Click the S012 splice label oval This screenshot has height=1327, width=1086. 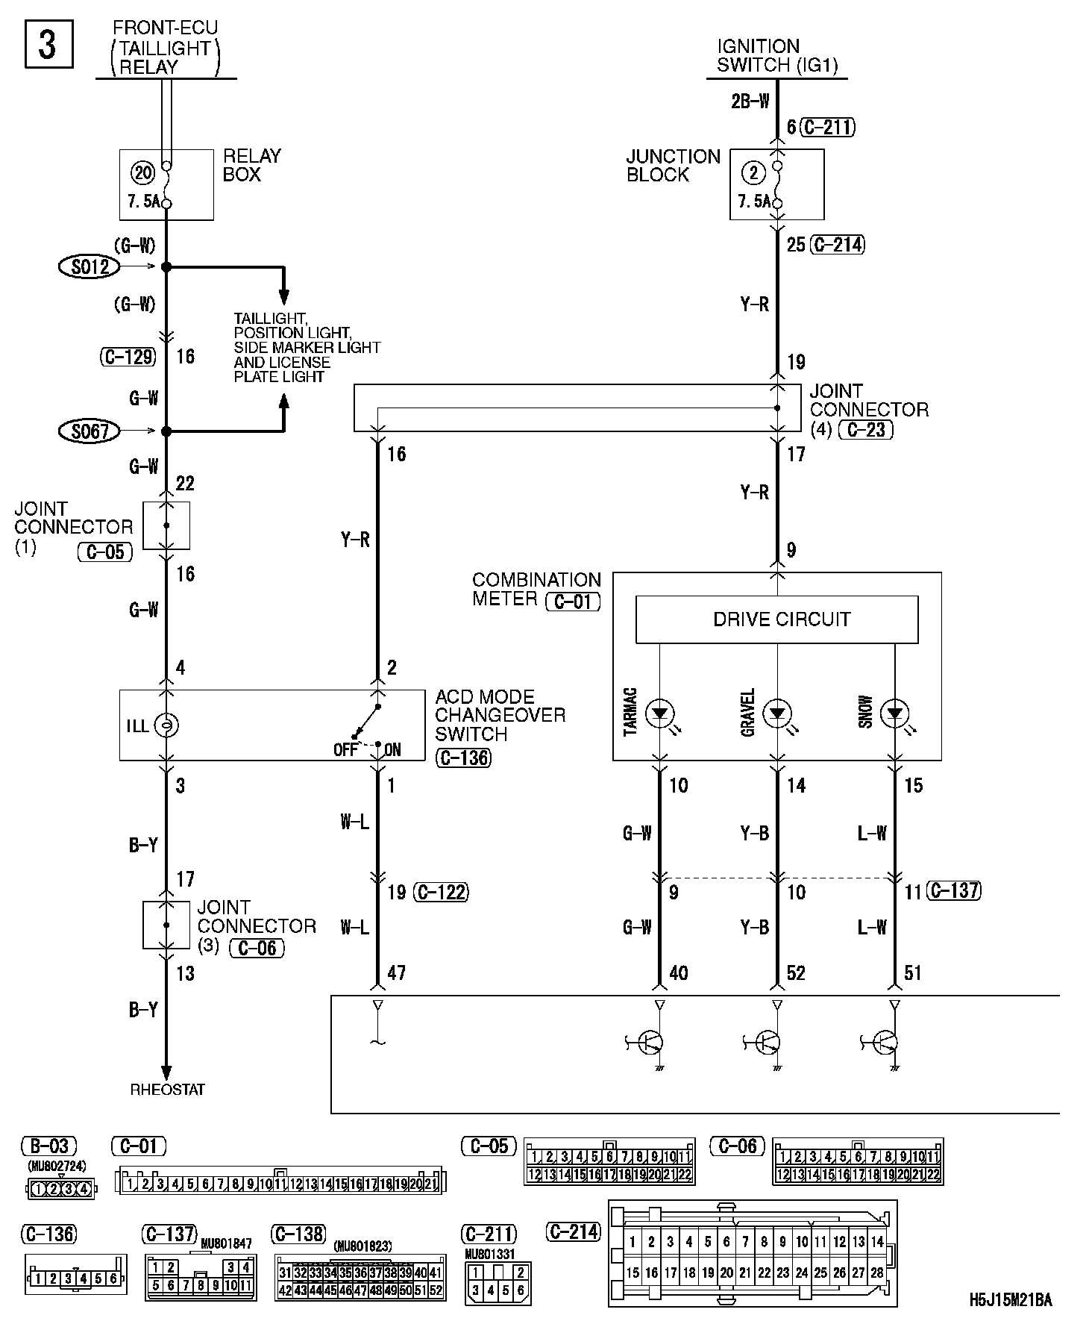90,266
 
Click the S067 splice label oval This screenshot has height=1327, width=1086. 90,431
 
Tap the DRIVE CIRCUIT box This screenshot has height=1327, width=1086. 776,619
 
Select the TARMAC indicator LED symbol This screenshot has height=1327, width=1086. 659,714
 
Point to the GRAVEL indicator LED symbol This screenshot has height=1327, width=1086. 777,714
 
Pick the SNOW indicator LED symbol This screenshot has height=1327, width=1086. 894,714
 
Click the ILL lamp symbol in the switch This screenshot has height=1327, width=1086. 166,725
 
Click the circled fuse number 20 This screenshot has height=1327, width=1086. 142,174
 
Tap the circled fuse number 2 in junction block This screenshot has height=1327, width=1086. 753,174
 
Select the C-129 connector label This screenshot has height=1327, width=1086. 128,357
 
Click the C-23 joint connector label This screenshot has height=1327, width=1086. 866,429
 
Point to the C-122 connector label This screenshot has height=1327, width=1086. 442,892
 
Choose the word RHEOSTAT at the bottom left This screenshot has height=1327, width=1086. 167,1090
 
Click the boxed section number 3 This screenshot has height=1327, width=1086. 48,45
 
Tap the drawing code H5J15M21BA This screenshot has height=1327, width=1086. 1011,1299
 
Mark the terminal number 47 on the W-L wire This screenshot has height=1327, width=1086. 396,972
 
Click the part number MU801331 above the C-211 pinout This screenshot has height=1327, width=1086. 489,1255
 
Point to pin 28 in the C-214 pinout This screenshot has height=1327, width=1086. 877,1273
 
